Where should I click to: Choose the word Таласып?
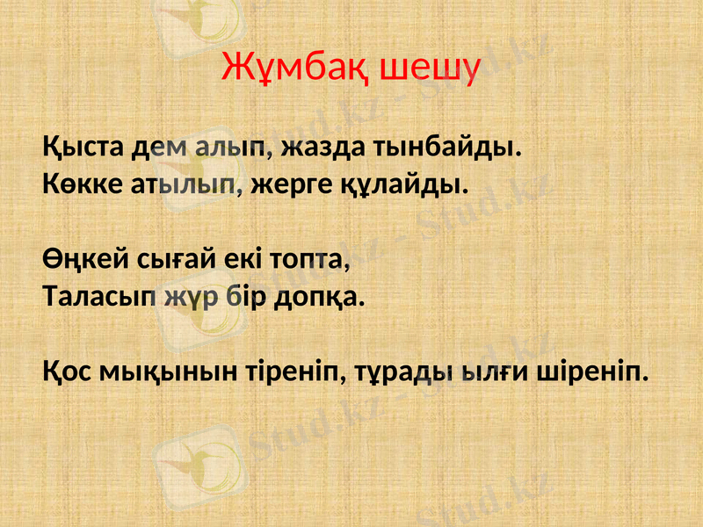click(99, 298)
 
